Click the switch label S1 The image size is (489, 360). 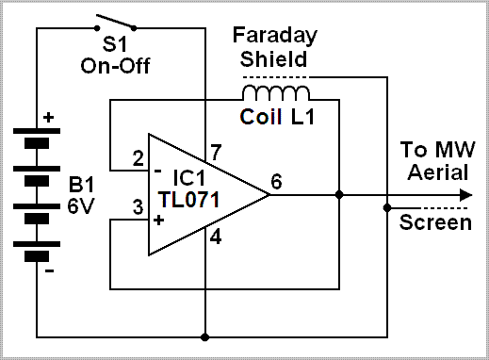(x=115, y=43)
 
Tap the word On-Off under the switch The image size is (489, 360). (x=115, y=66)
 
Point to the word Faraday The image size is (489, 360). (x=275, y=36)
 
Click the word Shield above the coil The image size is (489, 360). (x=273, y=58)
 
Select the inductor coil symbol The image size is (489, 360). (x=276, y=92)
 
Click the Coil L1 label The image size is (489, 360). (x=277, y=117)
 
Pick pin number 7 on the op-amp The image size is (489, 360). (x=216, y=153)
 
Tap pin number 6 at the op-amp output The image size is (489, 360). (x=276, y=181)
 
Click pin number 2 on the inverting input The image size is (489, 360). (x=138, y=158)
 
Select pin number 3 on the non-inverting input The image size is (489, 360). (x=138, y=207)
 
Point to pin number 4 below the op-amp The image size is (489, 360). (x=216, y=237)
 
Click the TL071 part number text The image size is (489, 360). (x=188, y=200)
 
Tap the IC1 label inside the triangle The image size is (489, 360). (x=189, y=177)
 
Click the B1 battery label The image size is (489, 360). (x=81, y=184)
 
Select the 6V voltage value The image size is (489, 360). (x=81, y=206)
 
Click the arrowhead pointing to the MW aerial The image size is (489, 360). (x=466, y=195)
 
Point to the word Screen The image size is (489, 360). (x=435, y=222)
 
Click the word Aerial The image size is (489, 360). (x=438, y=172)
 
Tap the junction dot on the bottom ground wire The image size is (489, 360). (x=204, y=337)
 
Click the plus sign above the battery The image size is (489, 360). (x=48, y=118)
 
